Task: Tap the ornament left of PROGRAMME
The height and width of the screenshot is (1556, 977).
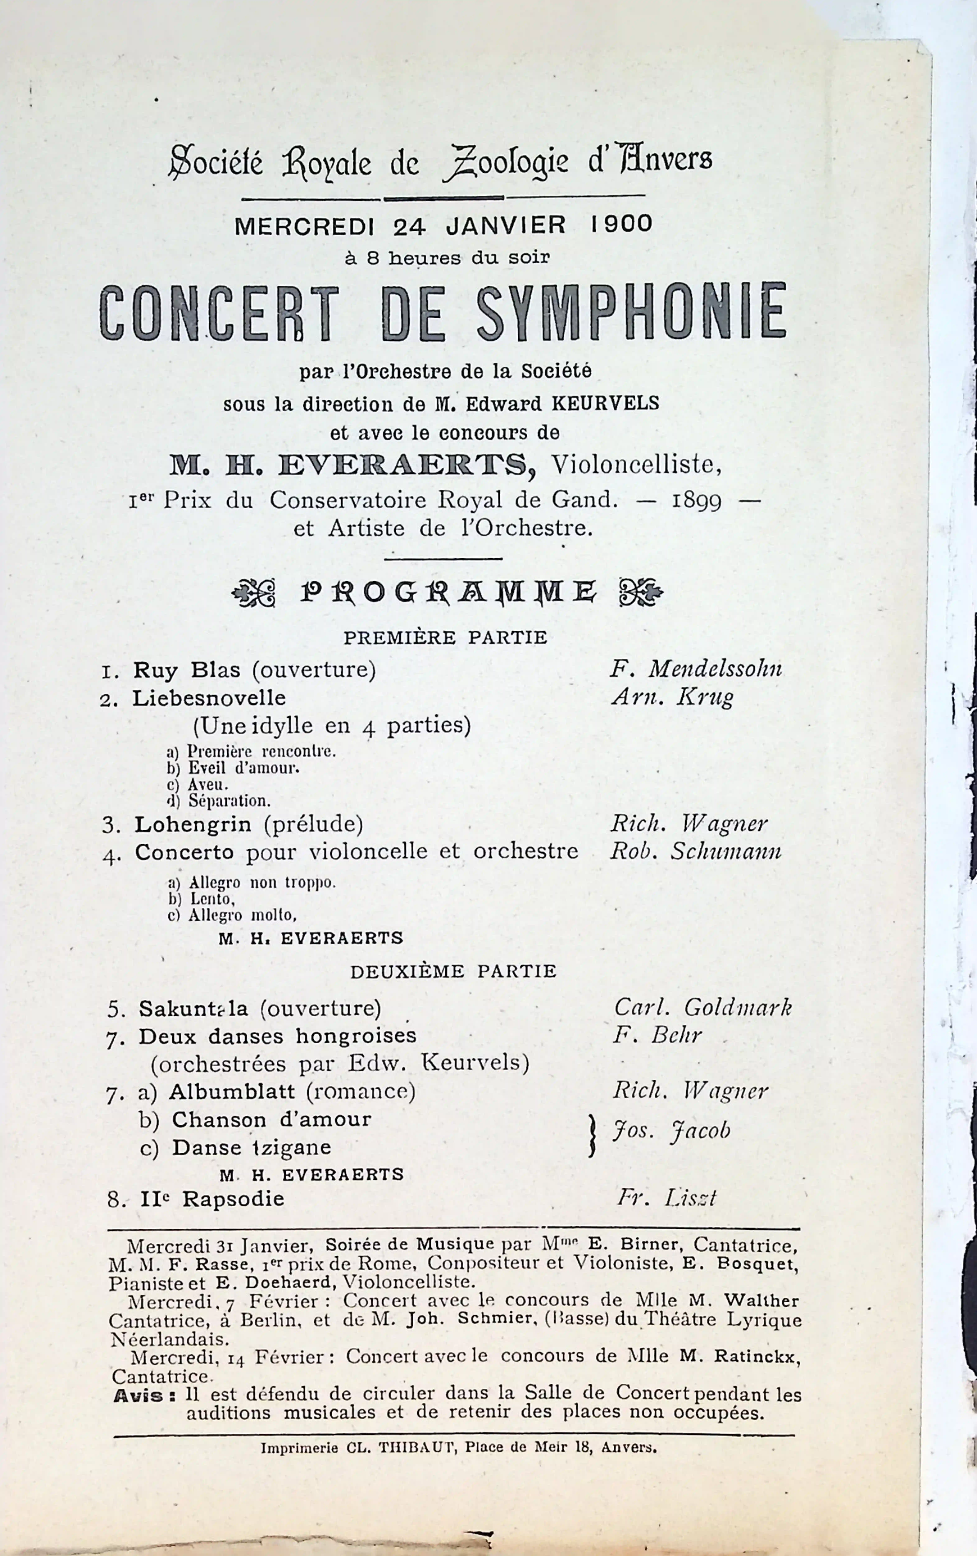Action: click(254, 592)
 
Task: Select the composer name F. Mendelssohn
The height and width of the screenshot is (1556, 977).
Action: click(696, 669)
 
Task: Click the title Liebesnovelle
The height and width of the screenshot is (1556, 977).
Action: click(209, 698)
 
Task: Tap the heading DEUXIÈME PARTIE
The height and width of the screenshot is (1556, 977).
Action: click(453, 971)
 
